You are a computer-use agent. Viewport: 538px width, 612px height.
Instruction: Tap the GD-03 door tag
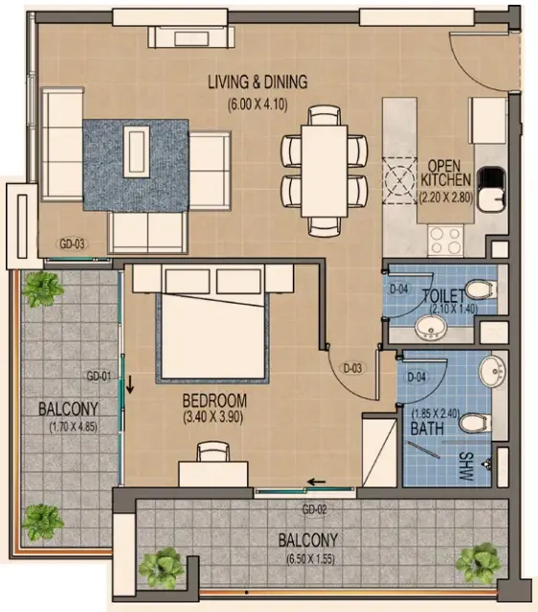pos(73,243)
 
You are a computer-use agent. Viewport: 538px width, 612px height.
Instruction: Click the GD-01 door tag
pos(100,375)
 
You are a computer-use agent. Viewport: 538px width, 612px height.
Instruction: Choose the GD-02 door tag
pos(315,509)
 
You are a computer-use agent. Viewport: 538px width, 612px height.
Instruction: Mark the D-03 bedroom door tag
pos(353,368)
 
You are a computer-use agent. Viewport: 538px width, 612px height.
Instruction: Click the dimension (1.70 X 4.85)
pos(63,426)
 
